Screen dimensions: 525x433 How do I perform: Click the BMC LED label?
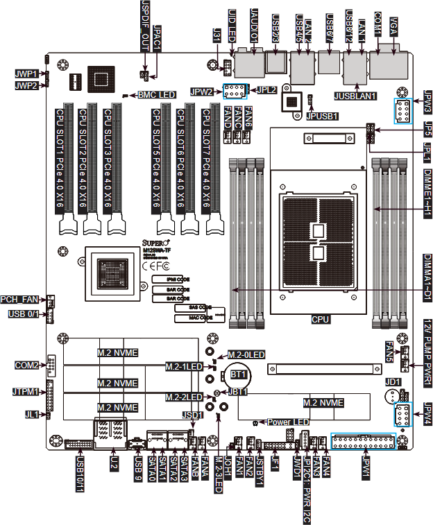156,94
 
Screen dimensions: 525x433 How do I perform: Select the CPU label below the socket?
320,320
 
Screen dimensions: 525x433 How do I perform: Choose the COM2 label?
26,365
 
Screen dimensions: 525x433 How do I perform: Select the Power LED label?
287,422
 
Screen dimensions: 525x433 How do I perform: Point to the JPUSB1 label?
322,116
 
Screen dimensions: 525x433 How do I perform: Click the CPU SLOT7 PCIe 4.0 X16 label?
207,157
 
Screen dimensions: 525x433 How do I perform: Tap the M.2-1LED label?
184,365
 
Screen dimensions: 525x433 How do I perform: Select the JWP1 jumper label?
26,73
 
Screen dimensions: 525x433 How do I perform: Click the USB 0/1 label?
24,314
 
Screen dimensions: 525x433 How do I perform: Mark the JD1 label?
393,381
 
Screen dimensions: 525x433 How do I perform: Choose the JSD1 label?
193,415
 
